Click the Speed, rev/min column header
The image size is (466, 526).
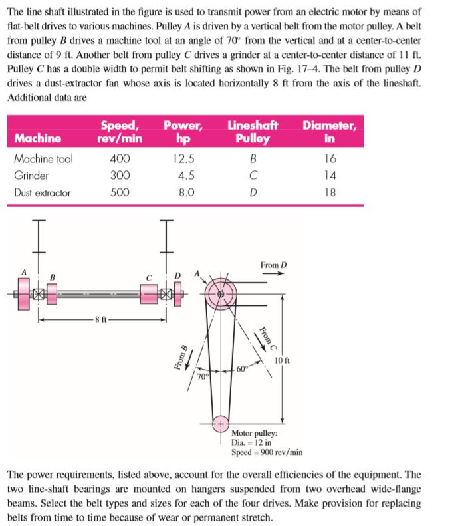(120, 132)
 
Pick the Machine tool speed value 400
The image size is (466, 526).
(120, 159)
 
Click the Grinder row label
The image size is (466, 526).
(31, 176)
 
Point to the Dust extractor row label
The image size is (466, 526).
(42, 193)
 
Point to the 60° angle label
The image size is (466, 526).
(243, 370)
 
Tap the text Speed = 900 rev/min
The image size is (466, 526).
(267, 452)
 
